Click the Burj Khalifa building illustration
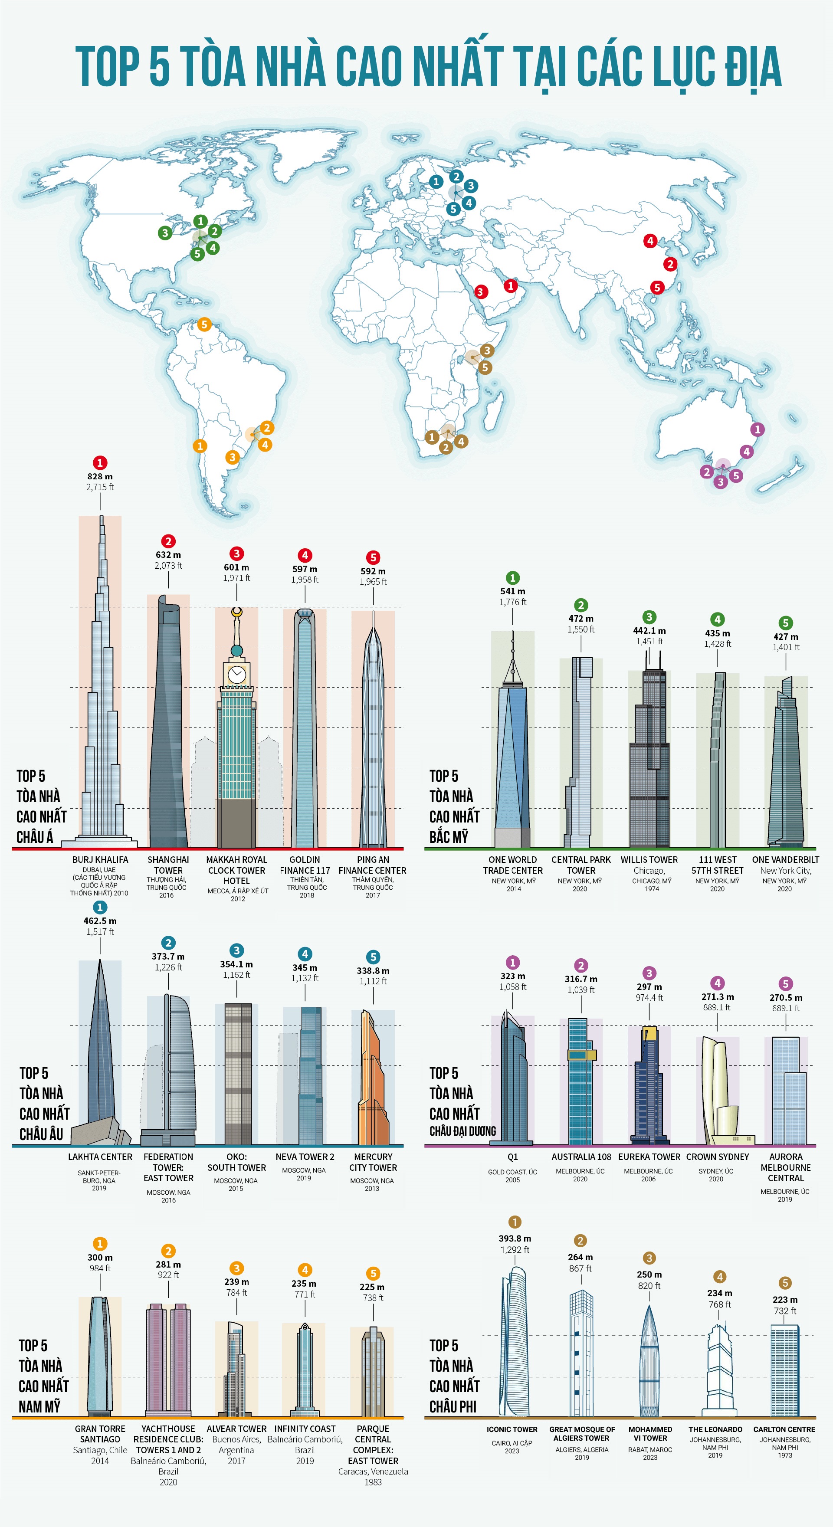(100, 711)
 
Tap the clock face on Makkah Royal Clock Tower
(236, 674)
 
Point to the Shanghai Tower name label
(168, 865)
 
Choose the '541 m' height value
(512, 591)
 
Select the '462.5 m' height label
(100, 921)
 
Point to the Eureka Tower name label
(649, 1157)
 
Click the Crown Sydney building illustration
(718, 1091)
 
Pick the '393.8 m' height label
(515, 1239)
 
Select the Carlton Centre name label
(784, 1429)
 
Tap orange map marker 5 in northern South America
(204, 324)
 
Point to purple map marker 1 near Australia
(757, 429)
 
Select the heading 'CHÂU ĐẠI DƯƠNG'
(462, 1131)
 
